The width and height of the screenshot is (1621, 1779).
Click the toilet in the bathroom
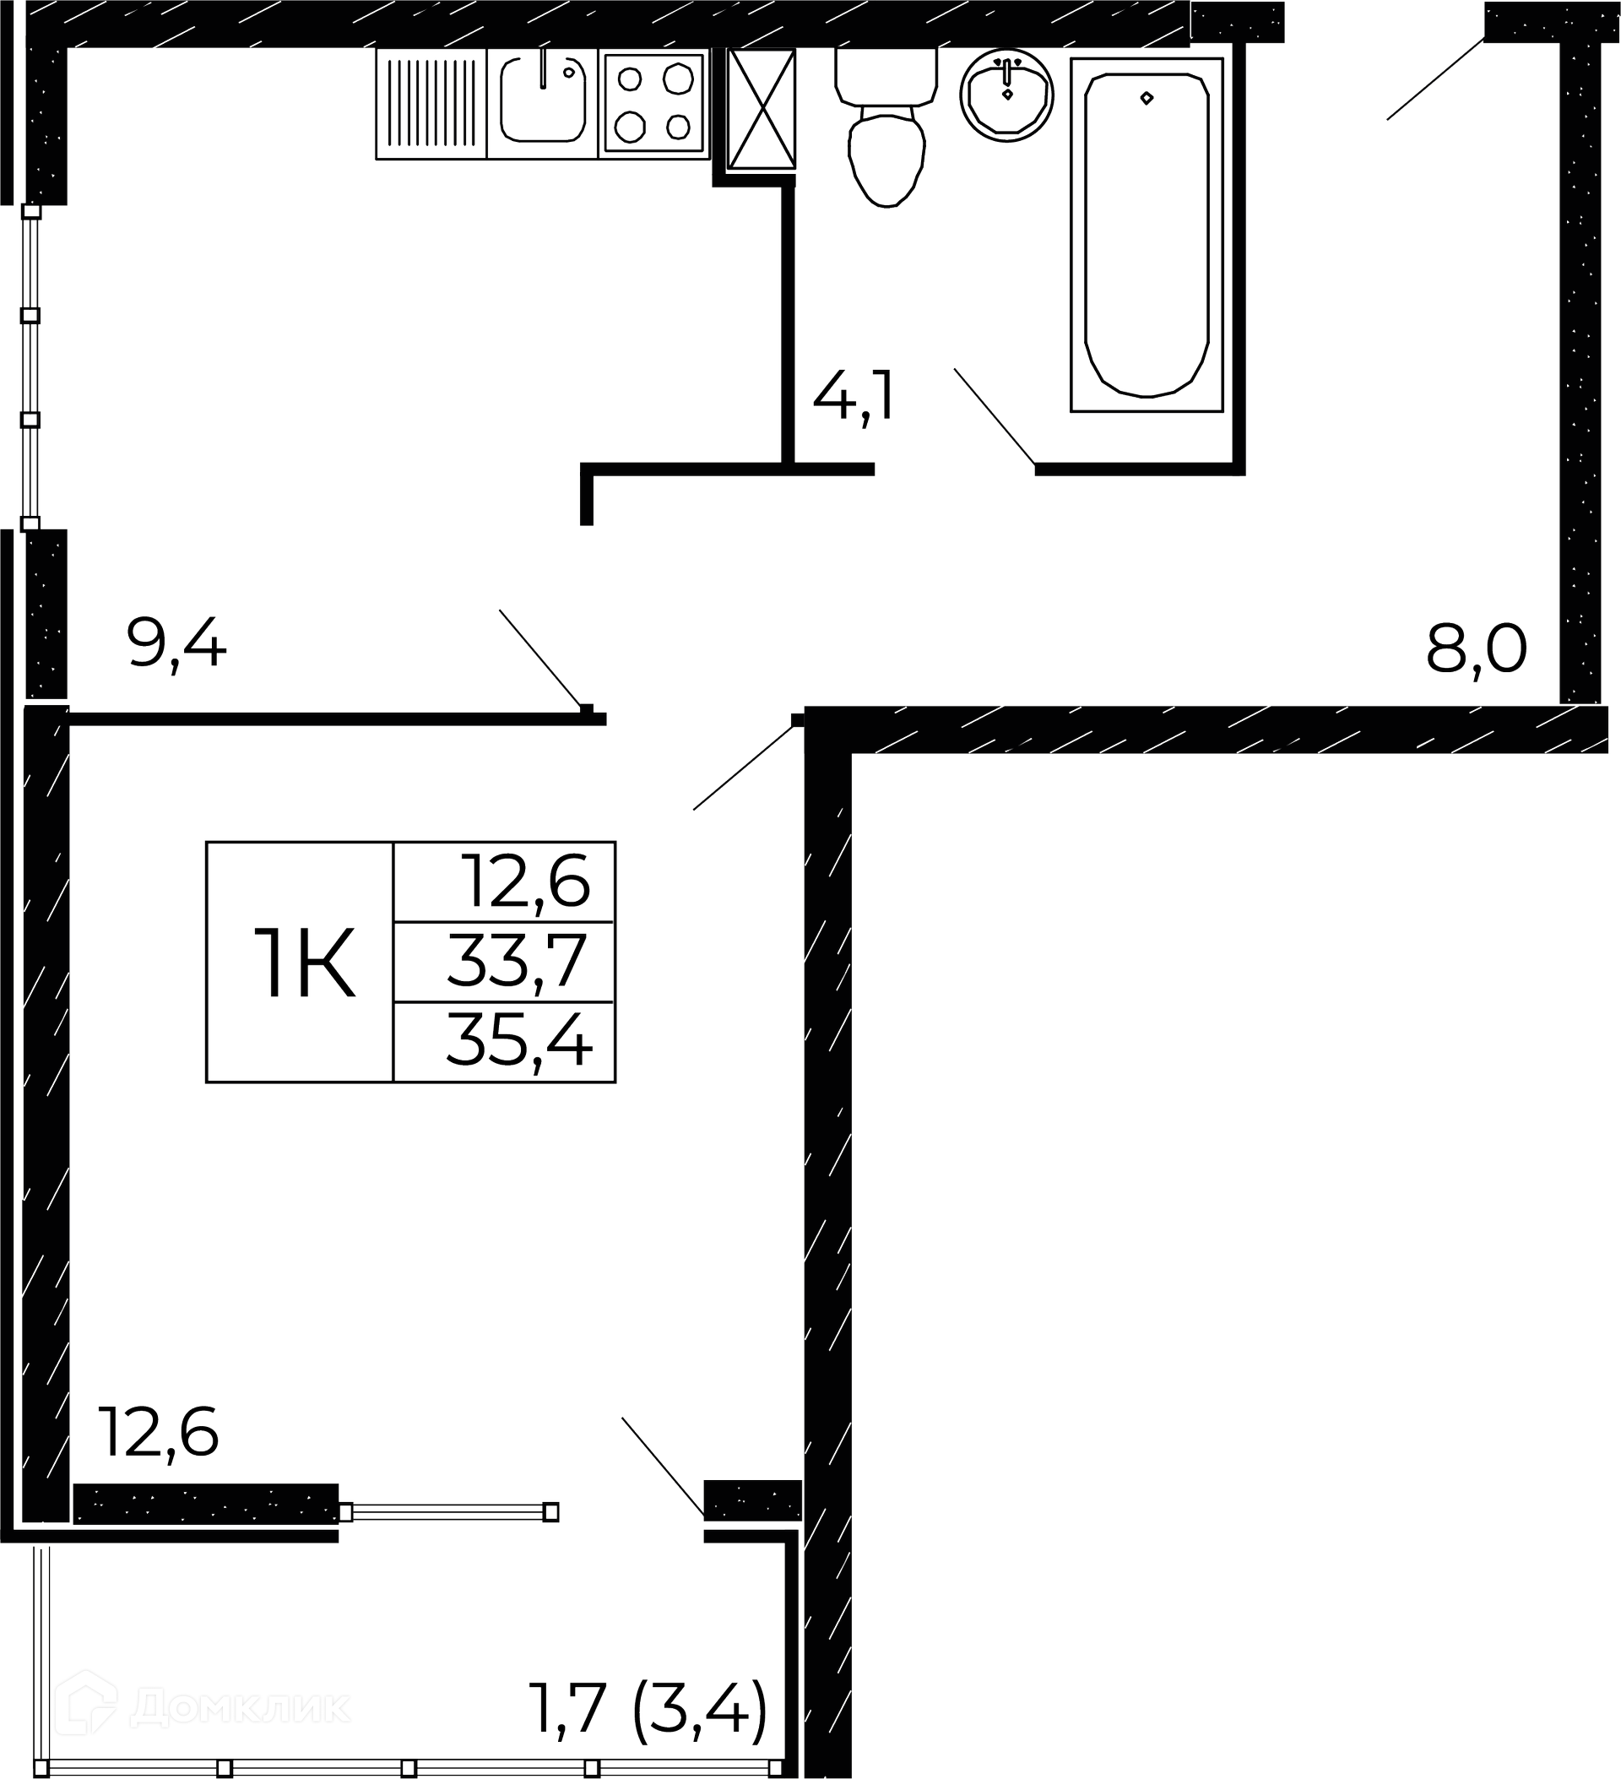click(x=886, y=128)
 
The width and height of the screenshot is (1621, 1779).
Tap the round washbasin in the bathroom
click(x=1007, y=95)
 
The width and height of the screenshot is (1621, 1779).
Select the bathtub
click(x=1147, y=235)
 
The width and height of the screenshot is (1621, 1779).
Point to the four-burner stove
click(x=653, y=103)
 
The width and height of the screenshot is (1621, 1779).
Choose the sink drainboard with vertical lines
click(x=431, y=103)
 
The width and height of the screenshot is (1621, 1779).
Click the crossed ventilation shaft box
click(x=762, y=109)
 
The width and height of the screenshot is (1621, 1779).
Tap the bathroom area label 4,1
click(x=854, y=398)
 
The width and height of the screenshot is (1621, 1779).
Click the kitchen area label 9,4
click(x=177, y=645)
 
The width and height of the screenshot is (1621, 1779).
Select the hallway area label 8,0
click(x=1477, y=649)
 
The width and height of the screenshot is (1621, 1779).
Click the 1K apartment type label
click(x=305, y=963)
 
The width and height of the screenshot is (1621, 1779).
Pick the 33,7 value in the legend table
click(x=517, y=961)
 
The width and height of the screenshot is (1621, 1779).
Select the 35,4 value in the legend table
click(x=519, y=1039)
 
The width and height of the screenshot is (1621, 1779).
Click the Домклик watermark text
click(x=239, y=1707)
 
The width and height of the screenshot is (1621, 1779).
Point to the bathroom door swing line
click(x=995, y=416)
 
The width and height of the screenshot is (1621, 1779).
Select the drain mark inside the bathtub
click(x=1147, y=98)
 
